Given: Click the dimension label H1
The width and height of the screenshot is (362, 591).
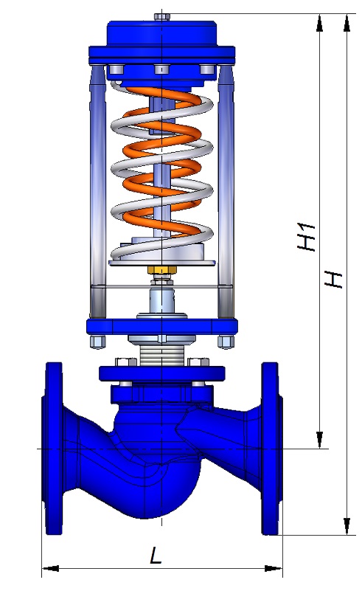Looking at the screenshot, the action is point(307,237).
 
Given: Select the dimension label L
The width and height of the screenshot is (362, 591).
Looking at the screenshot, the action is point(156,555).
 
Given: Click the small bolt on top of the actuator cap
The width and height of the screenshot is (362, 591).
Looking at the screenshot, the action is point(162,17).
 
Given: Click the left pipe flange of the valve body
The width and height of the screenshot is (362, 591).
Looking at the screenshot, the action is point(53,449).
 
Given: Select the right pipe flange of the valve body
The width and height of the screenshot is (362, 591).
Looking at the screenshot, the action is point(272,449).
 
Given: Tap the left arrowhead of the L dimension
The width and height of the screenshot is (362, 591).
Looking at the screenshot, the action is point(50,568).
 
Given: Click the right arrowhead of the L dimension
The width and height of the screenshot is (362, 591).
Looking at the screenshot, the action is point(274,568).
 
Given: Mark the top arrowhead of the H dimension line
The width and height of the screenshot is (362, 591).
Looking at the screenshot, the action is point(347,23).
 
